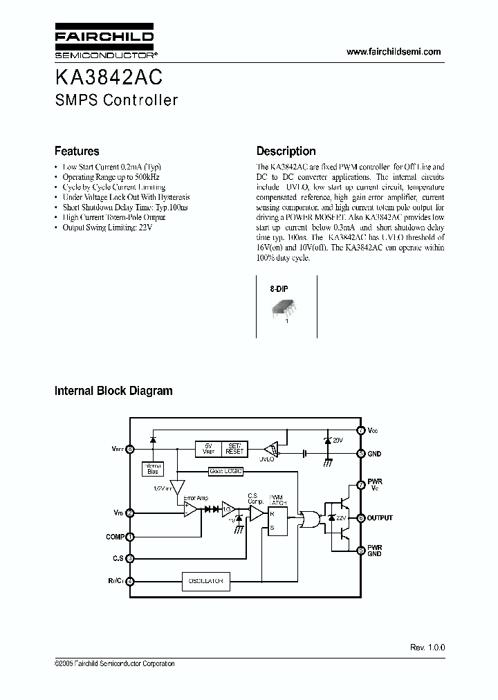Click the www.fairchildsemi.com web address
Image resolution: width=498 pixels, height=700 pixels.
click(394, 52)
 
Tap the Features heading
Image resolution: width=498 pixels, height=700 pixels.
click(77, 151)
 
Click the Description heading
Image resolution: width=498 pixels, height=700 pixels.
click(286, 151)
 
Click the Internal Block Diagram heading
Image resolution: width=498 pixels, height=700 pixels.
click(113, 391)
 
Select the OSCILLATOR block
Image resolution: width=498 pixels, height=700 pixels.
click(205, 582)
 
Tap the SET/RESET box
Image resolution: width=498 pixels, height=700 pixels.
click(235, 448)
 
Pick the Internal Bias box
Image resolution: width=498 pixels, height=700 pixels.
click(153, 468)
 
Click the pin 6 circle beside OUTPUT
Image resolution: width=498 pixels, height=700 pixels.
click(360, 517)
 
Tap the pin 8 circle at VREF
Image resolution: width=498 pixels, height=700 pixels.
click(130, 448)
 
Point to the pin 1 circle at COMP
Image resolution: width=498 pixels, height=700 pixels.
click(130, 537)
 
